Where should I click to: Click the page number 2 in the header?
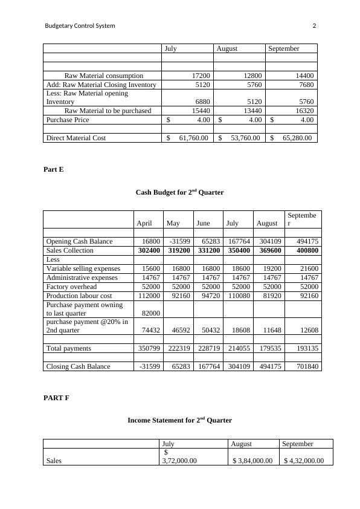(x=314, y=26)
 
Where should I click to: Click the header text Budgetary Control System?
(x=80, y=26)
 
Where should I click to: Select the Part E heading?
(x=53, y=170)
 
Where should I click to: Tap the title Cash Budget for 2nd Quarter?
(x=179, y=192)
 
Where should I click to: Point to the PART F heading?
(x=56, y=398)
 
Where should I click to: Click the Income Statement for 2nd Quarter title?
(x=179, y=420)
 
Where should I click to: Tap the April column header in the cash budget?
(x=144, y=223)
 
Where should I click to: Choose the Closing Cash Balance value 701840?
(x=306, y=366)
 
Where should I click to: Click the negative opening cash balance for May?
(x=178, y=241)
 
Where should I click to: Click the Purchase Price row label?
(x=68, y=120)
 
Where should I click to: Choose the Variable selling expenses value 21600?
(x=309, y=268)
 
